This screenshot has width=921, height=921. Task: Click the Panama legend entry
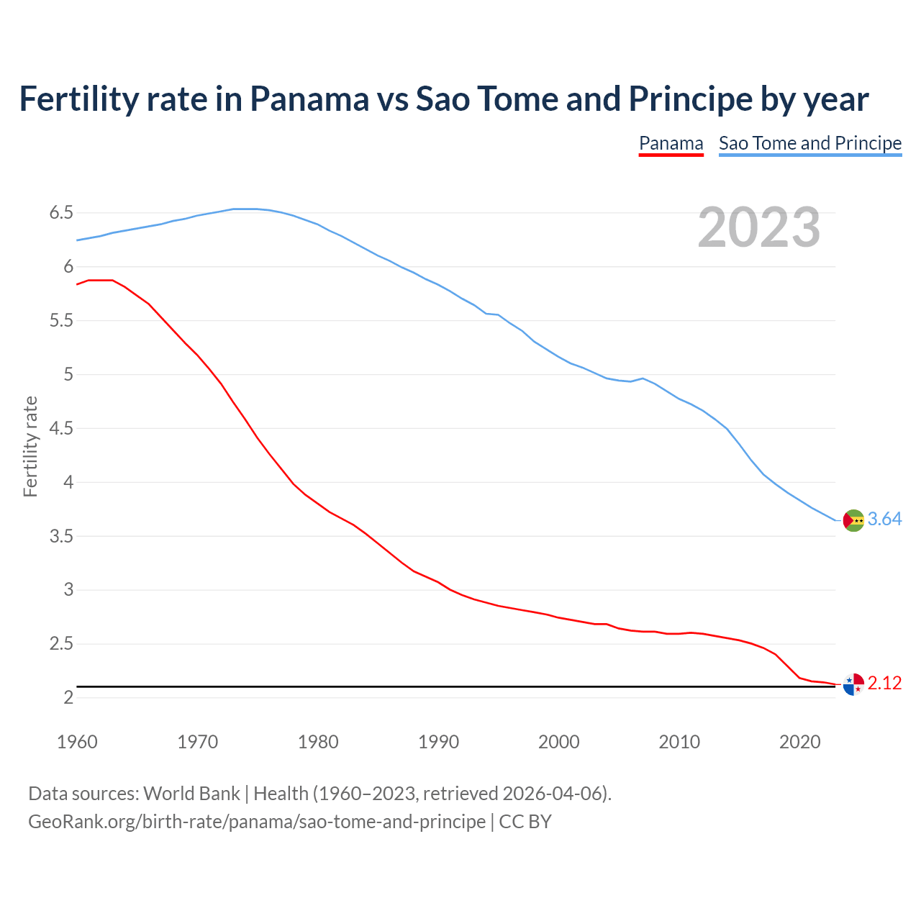[x=671, y=143]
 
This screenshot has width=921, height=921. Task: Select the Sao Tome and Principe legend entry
[x=809, y=143]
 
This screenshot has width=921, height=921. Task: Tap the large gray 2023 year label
[x=758, y=227]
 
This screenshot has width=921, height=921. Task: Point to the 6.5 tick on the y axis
[x=61, y=213]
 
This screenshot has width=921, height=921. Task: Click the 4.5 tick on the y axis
[x=61, y=429]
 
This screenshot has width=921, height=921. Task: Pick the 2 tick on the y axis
[x=68, y=698]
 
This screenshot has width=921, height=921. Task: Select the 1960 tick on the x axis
[x=77, y=742]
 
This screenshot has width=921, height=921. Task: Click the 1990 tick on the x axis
[x=438, y=742]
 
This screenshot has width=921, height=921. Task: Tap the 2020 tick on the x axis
[x=799, y=742]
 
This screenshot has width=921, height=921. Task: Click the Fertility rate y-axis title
[x=30, y=446]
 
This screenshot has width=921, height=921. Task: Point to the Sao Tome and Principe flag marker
[x=853, y=520]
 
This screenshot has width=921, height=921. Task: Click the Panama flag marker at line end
[x=853, y=684]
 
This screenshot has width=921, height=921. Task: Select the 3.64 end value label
[x=884, y=520]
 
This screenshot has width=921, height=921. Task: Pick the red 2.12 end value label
[x=884, y=684]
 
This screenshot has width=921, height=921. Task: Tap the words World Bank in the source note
[x=191, y=794]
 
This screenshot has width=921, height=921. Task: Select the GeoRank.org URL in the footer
[x=257, y=822]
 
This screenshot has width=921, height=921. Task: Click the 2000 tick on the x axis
[x=558, y=742]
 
